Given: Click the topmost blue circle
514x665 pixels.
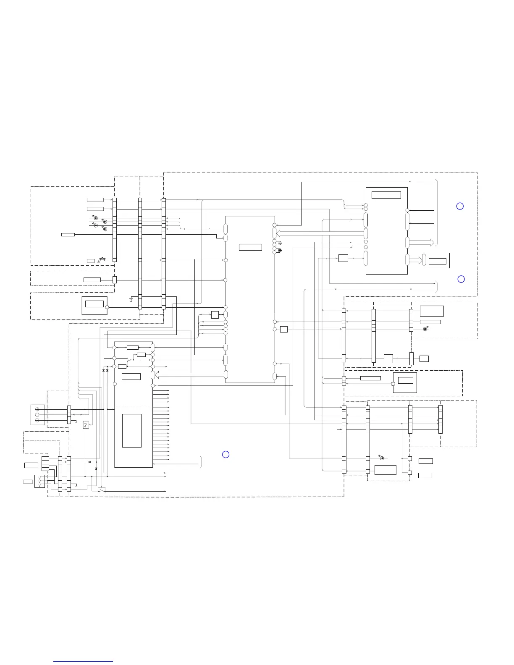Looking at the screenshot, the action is point(460,206).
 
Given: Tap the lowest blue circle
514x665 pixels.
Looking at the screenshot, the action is point(226,454).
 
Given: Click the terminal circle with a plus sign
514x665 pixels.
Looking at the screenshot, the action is point(37,409).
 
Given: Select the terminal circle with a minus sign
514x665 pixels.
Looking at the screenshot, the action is point(37,420).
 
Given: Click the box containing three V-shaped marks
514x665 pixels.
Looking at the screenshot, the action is point(39,481).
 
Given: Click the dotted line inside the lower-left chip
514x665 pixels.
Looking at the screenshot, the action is point(133,405).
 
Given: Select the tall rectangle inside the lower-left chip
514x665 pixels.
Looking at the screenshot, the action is point(131,431).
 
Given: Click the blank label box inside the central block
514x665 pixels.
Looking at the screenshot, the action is point(250,247).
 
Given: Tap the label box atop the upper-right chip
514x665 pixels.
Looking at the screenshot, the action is point(386,195).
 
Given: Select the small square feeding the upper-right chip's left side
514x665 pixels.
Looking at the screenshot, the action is point(343,258).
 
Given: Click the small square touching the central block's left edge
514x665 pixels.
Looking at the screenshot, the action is point(215,315).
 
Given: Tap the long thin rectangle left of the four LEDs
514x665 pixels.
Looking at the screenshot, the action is point(68,234).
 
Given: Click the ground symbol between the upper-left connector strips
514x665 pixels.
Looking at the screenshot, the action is point(131,300).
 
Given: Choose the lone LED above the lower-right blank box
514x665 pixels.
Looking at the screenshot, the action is point(381,458).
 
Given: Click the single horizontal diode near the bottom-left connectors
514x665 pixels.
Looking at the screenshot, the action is point(89,462).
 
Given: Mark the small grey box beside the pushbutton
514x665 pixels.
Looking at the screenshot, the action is point(91,261).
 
